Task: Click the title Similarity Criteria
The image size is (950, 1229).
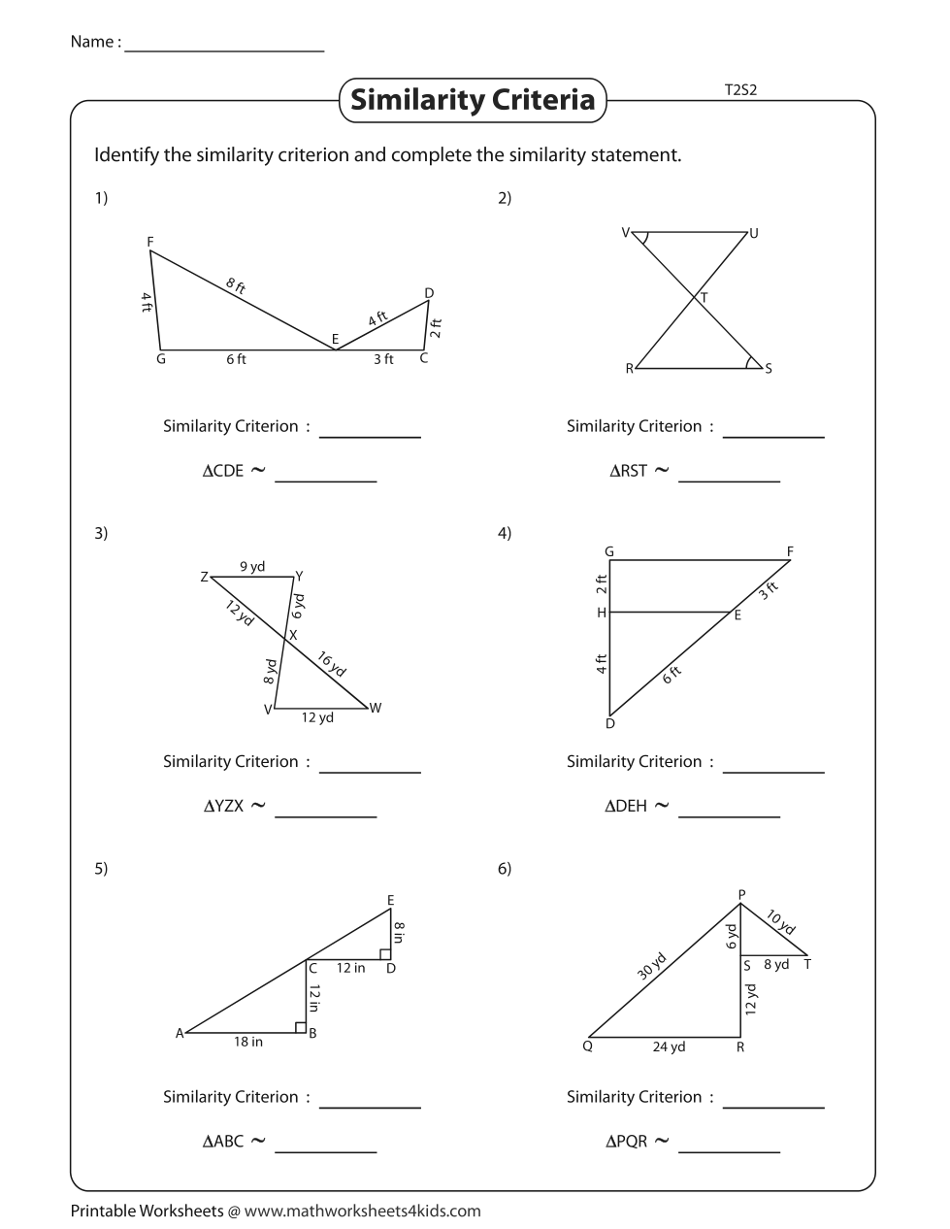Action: pos(473,100)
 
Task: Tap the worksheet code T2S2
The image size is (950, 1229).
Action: pos(740,90)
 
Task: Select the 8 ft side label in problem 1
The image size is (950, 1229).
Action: pos(236,285)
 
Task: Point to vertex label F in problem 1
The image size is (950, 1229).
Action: pos(150,241)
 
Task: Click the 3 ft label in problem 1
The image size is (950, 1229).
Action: pos(383,359)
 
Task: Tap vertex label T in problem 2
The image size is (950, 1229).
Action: pos(704,299)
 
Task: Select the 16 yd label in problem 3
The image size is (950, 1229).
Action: pos(332,664)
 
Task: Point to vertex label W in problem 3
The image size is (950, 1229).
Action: pos(376,708)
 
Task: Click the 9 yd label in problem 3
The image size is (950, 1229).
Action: pos(252,567)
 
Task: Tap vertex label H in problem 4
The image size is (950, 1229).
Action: pos(602,613)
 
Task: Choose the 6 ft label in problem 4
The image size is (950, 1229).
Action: pos(672,675)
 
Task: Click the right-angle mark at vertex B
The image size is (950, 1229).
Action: pos(301,1027)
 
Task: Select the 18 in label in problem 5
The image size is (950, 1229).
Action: pos(247,1042)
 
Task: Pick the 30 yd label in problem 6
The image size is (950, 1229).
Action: pos(652,968)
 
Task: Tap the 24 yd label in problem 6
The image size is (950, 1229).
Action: pos(669,1047)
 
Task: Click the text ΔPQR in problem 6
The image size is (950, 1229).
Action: pos(626,1142)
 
